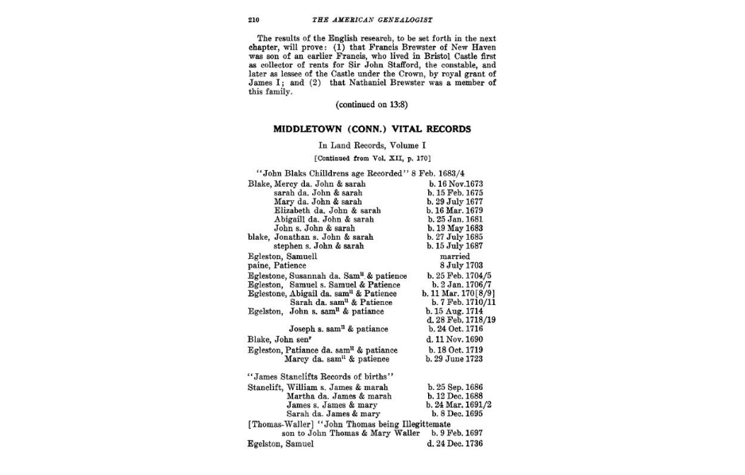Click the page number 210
254,19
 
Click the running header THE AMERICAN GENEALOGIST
373,19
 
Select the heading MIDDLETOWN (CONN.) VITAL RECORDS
372,129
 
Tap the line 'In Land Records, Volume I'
372,145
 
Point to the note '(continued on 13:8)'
372,104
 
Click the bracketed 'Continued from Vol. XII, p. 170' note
372,158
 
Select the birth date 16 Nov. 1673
455,184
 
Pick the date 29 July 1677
455,202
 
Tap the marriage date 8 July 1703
455,266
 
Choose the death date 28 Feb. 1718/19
455,320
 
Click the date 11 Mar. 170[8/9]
455,293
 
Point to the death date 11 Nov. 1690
455,339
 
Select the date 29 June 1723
455,359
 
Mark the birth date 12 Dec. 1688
455,396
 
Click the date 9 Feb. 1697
457,434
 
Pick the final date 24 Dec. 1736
455,444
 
